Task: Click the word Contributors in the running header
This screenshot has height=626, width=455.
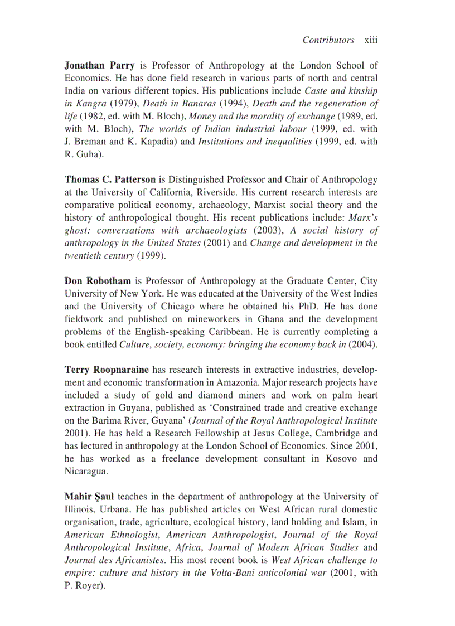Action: click(328, 40)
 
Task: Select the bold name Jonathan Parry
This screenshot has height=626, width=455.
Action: click(99, 65)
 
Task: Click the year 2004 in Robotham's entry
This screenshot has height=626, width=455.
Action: click(362, 344)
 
